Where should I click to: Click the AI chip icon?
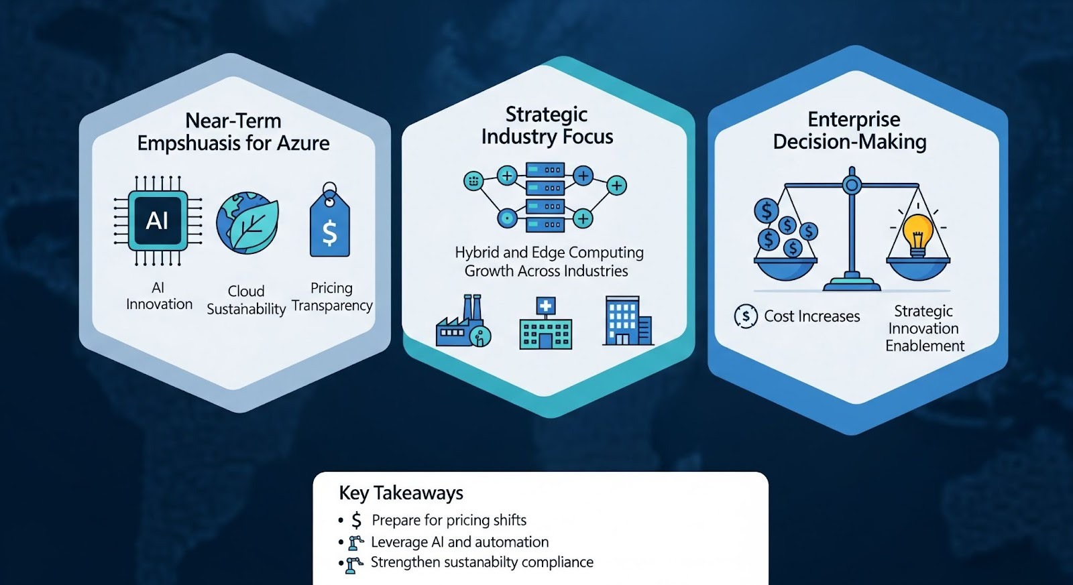(158, 220)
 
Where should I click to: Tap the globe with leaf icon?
(247, 223)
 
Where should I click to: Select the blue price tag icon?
(329, 224)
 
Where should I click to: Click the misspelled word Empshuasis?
(185, 143)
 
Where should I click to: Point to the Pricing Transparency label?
(332, 297)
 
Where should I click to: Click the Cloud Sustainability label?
(246, 300)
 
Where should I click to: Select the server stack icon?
(545, 198)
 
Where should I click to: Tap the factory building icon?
(463, 323)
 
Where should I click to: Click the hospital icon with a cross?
(545, 325)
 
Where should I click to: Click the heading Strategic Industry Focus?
(547, 125)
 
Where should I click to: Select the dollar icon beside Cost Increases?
(746, 316)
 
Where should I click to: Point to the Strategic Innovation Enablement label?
(924, 328)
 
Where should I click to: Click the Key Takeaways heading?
(401, 493)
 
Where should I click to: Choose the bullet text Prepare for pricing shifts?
(449, 521)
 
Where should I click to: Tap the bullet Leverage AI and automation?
(459, 542)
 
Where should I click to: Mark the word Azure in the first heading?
(303, 143)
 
